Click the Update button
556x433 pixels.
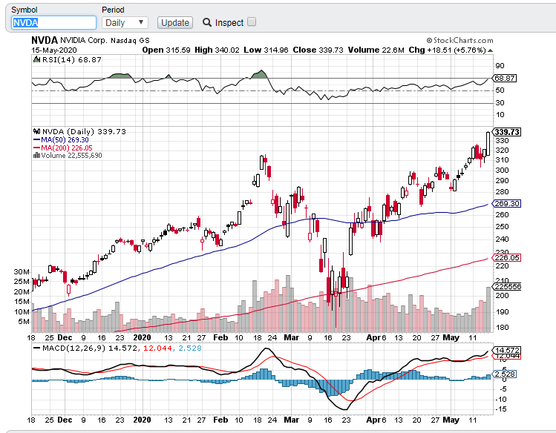click(x=175, y=22)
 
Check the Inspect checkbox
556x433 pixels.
click(x=252, y=22)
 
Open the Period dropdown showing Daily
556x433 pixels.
click(x=125, y=22)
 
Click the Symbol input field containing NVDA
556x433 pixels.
click(x=51, y=22)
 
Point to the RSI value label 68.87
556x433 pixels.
click(x=505, y=78)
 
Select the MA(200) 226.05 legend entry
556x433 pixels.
click(x=68, y=148)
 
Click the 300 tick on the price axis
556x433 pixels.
click(x=502, y=171)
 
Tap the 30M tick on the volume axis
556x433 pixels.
click(x=21, y=271)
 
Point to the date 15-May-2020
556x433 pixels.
click(x=50, y=50)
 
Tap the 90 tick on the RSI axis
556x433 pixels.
click(x=500, y=66)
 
